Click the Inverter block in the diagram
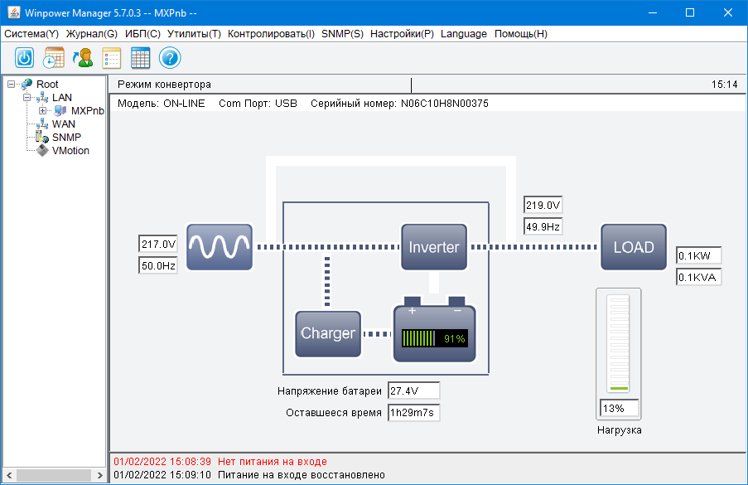pyautogui.click(x=434, y=247)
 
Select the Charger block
pyautogui.click(x=328, y=333)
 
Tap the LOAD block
pyautogui.click(x=633, y=247)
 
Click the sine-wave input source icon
pyautogui.click(x=219, y=247)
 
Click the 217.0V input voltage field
pyautogui.click(x=158, y=245)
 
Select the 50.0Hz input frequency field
pyautogui.click(x=158, y=265)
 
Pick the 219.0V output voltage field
pyautogui.click(x=543, y=206)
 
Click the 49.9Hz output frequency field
pyautogui.click(x=543, y=226)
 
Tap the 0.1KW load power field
pyautogui.click(x=698, y=255)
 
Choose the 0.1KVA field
pyautogui.click(x=698, y=277)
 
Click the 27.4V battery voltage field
pyautogui.click(x=413, y=390)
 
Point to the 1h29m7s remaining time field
pyautogui.click(x=413, y=412)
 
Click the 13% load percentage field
pyautogui.click(x=619, y=408)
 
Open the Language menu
pyautogui.click(x=464, y=34)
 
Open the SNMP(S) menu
pyautogui.click(x=342, y=34)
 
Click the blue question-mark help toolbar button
pyautogui.click(x=170, y=58)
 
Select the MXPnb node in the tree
pyautogui.click(x=87, y=110)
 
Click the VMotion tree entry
pyautogui.click(x=70, y=151)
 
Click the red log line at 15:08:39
pyautogui.click(x=220, y=461)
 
